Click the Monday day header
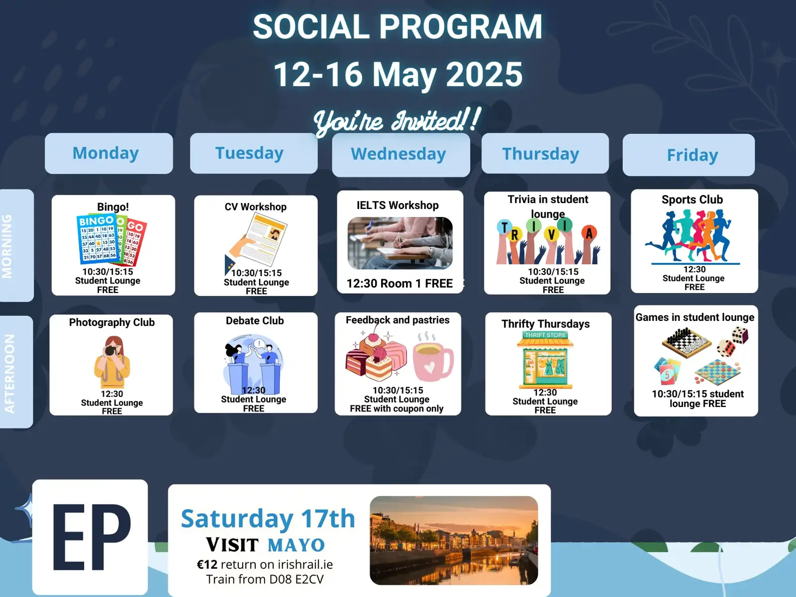pyautogui.click(x=109, y=153)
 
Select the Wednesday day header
pyautogui.click(x=400, y=155)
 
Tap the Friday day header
pyautogui.click(x=689, y=155)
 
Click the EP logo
pyautogui.click(x=90, y=537)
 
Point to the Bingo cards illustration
pyautogui.click(x=111, y=240)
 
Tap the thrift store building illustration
pyautogui.click(x=545, y=360)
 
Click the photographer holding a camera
pyautogui.click(x=112, y=362)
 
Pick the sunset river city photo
pyautogui.click(x=454, y=540)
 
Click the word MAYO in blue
pyautogui.click(x=297, y=545)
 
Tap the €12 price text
pyautogui.click(x=207, y=564)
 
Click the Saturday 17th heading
pyautogui.click(x=268, y=518)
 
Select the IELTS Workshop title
pyautogui.click(x=398, y=205)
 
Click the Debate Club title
pyautogui.click(x=255, y=320)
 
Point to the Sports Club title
pyautogui.click(x=693, y=199)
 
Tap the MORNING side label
pyautogui.click(x=7, y=246)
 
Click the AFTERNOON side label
pyautogui.click(x=9, y=373)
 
